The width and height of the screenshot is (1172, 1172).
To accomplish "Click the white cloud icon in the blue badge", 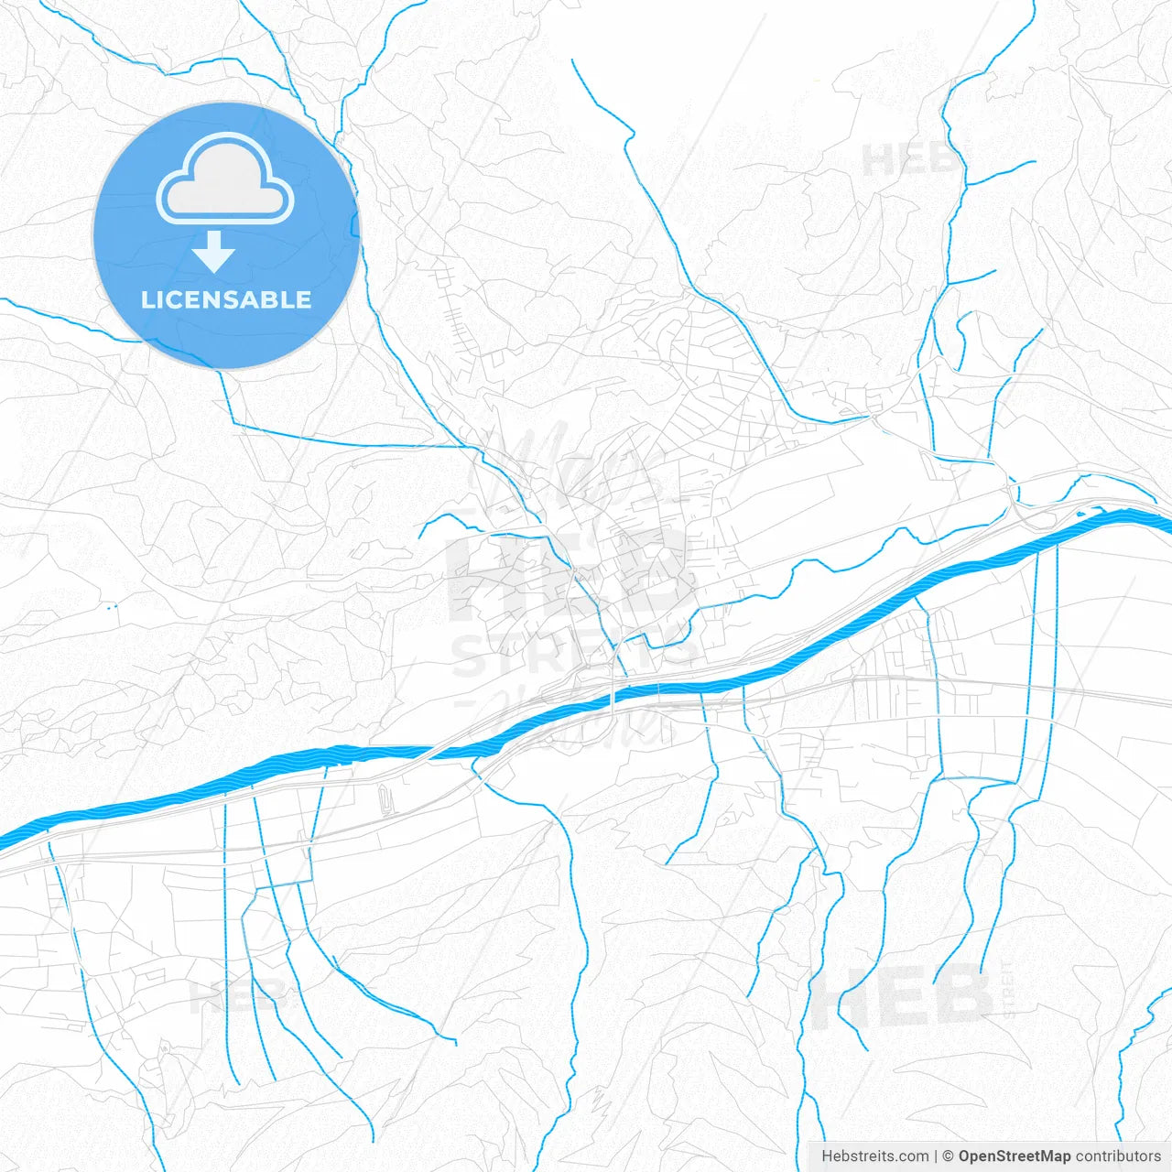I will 225,180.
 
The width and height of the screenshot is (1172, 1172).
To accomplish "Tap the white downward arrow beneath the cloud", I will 213,252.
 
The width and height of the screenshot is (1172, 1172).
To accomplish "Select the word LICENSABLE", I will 226,300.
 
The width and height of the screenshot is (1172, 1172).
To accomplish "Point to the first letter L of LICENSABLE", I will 146,300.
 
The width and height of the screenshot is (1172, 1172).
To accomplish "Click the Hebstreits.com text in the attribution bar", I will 874,1156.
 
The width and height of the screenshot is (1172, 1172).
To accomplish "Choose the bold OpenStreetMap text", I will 1014,1156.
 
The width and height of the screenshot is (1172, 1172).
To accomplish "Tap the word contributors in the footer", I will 1118,1156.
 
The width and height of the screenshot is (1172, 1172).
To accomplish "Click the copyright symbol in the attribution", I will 949,1156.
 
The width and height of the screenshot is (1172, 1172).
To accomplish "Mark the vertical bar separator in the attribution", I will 936,1156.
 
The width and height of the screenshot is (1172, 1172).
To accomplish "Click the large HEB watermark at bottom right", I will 902,996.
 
